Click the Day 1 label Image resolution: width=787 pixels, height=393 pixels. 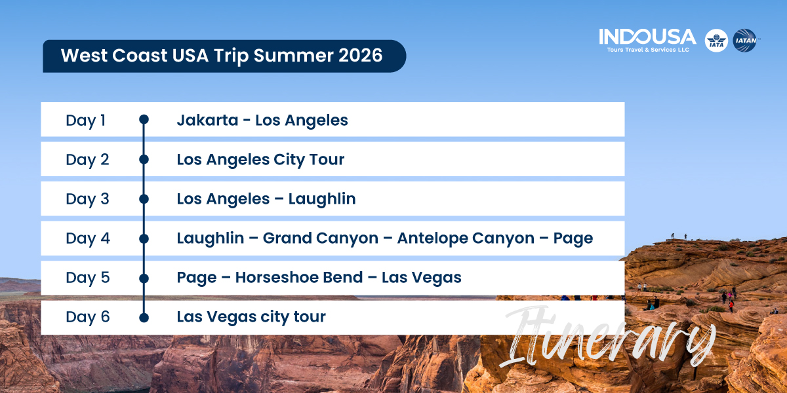pyautogui.click(x=86, y=121)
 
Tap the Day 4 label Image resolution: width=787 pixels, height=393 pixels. pyautogui.click(x=88, y=238)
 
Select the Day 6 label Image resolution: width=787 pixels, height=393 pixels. pyautogui.click(x=88, y=317)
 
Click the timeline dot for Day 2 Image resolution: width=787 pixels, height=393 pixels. pyautogui.click(x=144, y=159)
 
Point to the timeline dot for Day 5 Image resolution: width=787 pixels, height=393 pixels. pyautogui.click(x=144, y=278)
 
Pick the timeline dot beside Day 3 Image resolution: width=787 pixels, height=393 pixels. pyautogui.click(x=144, y=199)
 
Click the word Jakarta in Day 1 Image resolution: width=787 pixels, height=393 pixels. pyautogui.click(x=207, y=121)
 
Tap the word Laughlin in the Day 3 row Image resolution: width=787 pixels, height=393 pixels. pyautogui.click(x=322, y=199)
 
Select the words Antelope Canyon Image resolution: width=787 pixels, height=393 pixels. pyautogui.click(x=466, y=238)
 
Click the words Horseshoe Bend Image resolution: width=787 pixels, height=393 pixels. pyautogui.click(x=299, y=278)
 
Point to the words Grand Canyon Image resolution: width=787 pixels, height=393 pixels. pyautogui.click(x=321, y=238)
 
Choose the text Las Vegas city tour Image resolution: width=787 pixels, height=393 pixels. pyautogui.click(x=251, y=317)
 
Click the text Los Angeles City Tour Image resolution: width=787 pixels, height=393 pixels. pyautogui.click(x=260, y=160)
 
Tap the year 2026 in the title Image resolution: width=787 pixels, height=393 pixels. pyautogui.click(x=361, y=56)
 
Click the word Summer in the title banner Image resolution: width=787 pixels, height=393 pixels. pyautogui.click(x=293, y=56)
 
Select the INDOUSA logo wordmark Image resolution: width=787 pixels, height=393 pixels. pyautogui.click(x=647, y=37)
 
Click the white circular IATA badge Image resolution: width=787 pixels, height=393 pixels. pyautogui.click(x=716, y=41)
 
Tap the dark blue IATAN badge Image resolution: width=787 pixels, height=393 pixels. pyautogui.click(x=744, y=41)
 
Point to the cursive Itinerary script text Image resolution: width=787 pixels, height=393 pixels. pyautogui.click(x=608, y=337)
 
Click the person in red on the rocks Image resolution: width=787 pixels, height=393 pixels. pyautogui.click(x=731, y=306)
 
